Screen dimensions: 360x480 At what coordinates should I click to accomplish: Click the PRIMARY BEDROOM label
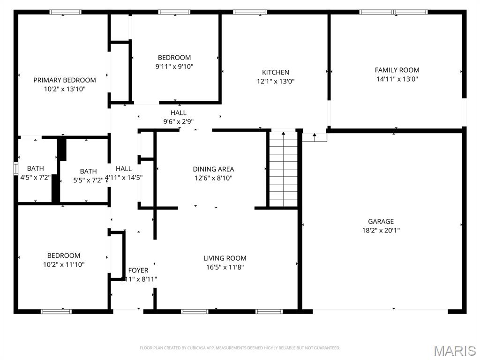tap(65, 80)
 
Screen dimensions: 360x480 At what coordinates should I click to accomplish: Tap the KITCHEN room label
tap(275, 72)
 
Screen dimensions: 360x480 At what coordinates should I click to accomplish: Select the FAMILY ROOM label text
tap(397, 70)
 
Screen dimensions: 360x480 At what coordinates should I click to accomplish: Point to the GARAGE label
tap(381, 221)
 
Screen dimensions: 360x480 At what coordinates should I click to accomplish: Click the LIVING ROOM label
tap(225, 258)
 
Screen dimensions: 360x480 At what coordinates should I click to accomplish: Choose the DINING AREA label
tap(213, 169)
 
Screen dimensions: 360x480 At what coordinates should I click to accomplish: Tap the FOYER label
tap(138, 270)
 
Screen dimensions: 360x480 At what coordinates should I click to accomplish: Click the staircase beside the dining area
tap(283, 169)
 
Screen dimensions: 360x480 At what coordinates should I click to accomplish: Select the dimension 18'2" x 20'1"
tap(381, 230)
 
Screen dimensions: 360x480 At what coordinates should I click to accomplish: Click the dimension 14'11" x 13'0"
tap(397, 79)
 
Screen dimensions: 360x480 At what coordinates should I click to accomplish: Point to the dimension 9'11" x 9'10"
tap(174, 67)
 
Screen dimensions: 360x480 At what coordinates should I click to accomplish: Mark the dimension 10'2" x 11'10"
tap(64, 264)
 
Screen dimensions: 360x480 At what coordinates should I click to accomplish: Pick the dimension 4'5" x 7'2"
tap(36, 178)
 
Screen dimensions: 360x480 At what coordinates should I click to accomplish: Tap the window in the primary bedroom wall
tap(65, 12)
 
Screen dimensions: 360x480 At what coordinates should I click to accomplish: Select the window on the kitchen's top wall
tap(243, 12)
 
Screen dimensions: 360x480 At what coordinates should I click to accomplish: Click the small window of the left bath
tap(15, 168)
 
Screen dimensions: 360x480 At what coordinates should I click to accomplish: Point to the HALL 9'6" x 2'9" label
tap(178, 117)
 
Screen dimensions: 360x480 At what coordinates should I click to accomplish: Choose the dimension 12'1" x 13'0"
tap(275, 81)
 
